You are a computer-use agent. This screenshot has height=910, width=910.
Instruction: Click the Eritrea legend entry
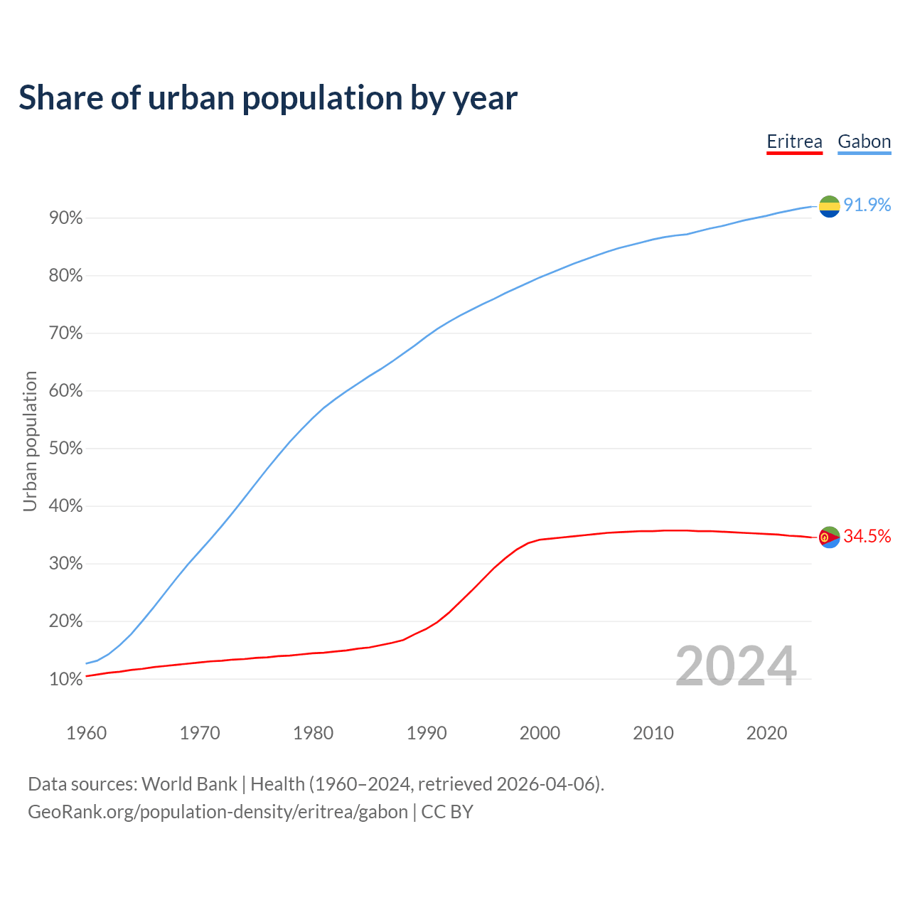[x=794, y=141]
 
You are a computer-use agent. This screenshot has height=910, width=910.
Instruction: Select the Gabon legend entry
[x=864, y=141]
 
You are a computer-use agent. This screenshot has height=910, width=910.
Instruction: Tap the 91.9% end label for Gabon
[x=867, y=205]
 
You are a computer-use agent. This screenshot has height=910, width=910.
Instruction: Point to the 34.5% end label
[x=867, y=536]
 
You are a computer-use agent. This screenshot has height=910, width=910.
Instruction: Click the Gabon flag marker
[x=829, y=206]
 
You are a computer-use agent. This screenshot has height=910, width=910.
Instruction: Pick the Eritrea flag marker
[x=829, y=537]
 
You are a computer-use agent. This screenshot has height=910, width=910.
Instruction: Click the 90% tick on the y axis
[x=66, y=218]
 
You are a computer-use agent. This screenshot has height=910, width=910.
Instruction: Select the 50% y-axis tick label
[x=66, y=449]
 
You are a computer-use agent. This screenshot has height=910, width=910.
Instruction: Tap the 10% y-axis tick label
[x=66, y=679]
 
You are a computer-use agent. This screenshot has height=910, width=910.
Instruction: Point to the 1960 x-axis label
[x=86, y=733]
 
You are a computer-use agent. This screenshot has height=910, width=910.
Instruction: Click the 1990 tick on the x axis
[x=427, y=733]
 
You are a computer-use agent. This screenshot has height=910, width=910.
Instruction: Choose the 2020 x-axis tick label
[x=766, y=733]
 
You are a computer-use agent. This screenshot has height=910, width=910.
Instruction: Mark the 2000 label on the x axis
[x=540, y=733]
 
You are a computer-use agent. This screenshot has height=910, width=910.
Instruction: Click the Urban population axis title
[x=30, y=441]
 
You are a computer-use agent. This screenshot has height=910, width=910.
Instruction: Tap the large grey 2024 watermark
[x=735, y=666]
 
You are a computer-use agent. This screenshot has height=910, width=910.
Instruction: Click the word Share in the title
[x=60, y=97]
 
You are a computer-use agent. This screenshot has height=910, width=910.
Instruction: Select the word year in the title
[x=487, y=99]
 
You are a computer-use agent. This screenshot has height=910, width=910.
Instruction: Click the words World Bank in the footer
[x=189, y=783]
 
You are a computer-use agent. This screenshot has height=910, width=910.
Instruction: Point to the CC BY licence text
[x=447, y=811]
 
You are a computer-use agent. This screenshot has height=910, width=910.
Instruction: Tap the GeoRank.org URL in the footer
[x=218, y=811]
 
